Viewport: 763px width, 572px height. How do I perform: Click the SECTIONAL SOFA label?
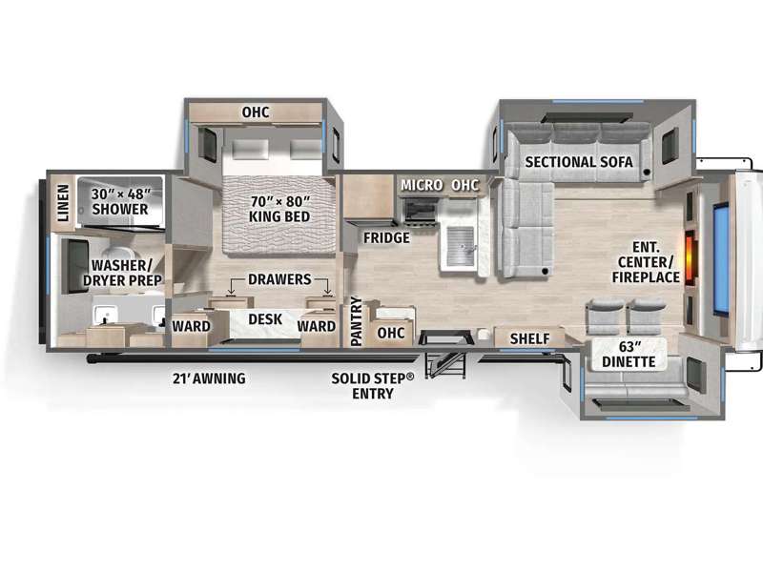(579, 162)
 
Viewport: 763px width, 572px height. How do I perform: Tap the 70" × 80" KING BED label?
(279, 209)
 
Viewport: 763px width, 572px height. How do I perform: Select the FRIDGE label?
(386, 237)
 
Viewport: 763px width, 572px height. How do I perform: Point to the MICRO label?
(422, 185)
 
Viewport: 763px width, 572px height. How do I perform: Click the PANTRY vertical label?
(357, 321)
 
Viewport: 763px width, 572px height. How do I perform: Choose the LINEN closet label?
(64, 203)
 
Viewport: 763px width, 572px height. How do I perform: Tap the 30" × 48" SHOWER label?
(120, 201)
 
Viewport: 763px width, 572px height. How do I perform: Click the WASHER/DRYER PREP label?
(122, 273)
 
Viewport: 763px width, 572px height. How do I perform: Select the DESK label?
(265, 319)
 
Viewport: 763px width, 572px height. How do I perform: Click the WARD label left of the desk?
(192, 326)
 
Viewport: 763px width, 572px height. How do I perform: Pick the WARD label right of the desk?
(317, 326)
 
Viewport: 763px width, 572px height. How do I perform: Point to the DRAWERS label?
(279, 279)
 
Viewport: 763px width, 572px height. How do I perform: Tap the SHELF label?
(530, 338)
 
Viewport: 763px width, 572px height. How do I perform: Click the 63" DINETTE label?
(629, 354)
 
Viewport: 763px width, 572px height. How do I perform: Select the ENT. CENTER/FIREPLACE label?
(646, 262)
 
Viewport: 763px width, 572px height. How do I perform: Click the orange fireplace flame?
(690, 257)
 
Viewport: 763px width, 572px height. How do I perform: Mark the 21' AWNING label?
(209, 378)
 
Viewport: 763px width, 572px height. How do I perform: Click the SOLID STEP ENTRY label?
(373, 386)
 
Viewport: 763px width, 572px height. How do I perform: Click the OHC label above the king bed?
(256, 112)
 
